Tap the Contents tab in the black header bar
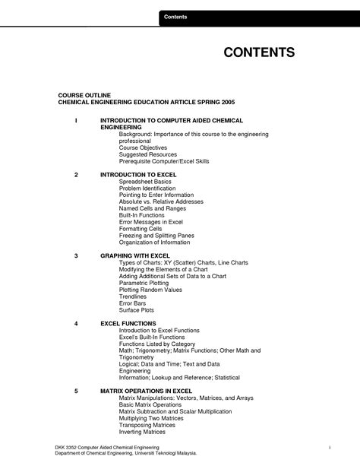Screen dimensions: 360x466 click(177, 17)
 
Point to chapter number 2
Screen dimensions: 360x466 click(76, 174)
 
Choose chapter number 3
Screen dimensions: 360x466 click(76, 256)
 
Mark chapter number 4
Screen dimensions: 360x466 click(76, 323)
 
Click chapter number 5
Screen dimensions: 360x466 click(76, 390)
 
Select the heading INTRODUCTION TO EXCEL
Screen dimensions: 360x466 click(138, 174)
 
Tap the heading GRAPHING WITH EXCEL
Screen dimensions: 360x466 click(135, 256)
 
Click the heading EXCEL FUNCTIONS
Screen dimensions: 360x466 click(128, 323)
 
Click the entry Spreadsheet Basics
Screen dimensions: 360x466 click(145, 181)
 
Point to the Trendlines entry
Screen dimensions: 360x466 click(134, 296)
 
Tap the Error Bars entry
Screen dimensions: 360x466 click(133, 303)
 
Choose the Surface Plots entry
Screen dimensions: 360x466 click(137, 309)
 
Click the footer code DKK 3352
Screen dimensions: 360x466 click(68, 445)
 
